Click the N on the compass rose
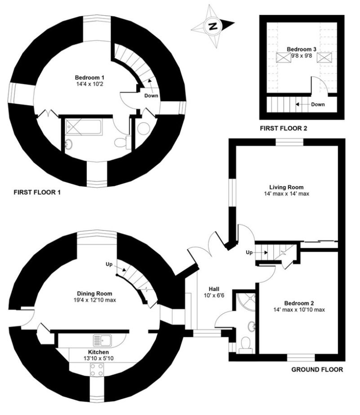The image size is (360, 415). (213, 26)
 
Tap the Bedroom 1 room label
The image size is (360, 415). (89, 78)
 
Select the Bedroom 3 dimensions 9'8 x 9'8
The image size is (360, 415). (302, 56)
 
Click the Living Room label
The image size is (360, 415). (286, 187)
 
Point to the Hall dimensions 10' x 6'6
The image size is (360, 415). (214, 295)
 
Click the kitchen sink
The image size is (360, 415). (102, 340)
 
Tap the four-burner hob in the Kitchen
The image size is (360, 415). (97, 370)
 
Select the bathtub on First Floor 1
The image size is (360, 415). (84, 127)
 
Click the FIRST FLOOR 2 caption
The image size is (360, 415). (284, 128)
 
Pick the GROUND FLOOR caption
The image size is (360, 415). (317, 370)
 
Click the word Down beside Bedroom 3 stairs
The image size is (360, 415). (318, 104)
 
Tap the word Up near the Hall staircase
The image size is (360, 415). (249, 252)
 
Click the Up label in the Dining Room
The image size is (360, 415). (109, 264)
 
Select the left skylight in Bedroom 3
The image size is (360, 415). (284, 57)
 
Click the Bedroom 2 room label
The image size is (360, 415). (299, 303)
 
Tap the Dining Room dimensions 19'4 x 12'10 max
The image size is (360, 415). (95, 300)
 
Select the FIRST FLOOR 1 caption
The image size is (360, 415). (37, 192)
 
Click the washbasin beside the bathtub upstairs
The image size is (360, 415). (69, 145)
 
